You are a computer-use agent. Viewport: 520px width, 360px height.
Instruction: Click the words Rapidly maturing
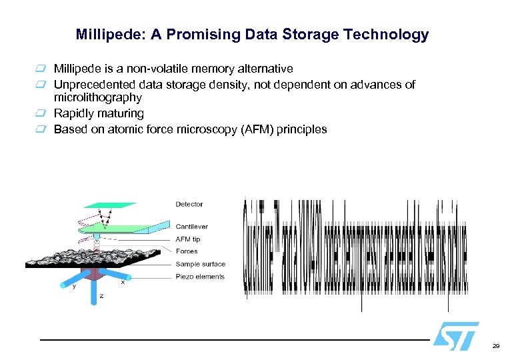coord(99,113)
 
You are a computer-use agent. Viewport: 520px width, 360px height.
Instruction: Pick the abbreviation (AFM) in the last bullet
coord(247,129)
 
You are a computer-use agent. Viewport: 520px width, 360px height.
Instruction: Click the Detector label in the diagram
coord(189,204)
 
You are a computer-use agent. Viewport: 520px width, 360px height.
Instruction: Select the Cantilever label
coord(192,227)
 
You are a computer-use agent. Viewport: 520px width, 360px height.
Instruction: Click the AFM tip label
coord(188,239)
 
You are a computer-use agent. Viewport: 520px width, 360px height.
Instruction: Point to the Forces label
coord(187,251)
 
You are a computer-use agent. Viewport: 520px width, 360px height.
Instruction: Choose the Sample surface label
coord(201,264)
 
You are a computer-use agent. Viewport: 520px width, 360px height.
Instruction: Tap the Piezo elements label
coord(200,277)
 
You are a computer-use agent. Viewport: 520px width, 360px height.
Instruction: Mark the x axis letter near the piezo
coord(123,283)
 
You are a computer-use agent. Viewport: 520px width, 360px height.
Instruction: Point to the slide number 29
coord(495,347)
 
